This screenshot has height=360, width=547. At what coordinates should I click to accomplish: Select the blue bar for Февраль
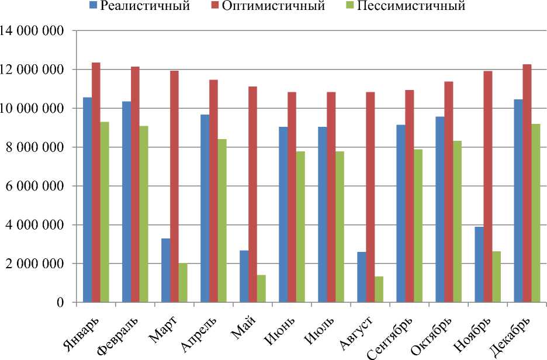tap(126, 202)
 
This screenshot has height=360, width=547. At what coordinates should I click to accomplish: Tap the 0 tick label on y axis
tap(60, 303)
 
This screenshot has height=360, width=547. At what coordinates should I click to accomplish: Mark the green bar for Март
tap(183, 283)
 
